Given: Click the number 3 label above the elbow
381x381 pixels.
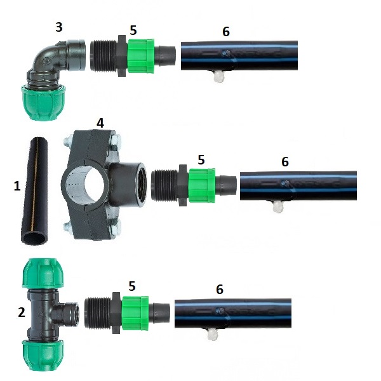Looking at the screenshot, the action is click(59, 27).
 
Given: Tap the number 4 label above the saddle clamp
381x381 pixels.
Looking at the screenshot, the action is click(100, 123).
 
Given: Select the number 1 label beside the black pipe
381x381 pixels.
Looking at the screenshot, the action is click(17, 186).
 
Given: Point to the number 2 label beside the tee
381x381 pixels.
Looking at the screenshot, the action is click(22, 312).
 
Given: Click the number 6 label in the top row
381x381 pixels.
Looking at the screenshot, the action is click(226, 32).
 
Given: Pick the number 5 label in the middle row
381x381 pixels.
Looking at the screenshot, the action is click(201, 160).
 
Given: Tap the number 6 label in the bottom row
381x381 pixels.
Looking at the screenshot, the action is click(220, 290).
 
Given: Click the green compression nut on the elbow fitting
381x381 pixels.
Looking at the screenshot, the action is click(43, 102).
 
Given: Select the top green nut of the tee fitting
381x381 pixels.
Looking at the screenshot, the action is click(43, 274).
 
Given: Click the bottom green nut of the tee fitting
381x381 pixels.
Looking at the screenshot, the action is click(43, 355).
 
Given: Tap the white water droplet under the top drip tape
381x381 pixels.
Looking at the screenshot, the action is click(219, 77).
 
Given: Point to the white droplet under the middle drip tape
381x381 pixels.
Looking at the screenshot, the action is click(277, 207).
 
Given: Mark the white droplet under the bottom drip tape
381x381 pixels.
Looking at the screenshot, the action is click(213, 335).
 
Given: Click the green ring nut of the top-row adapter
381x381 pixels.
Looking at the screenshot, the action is click(141, 56).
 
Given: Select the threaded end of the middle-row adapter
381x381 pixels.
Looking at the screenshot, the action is click(164, 185).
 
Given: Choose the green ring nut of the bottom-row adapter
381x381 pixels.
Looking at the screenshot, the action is click(135, 313).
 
